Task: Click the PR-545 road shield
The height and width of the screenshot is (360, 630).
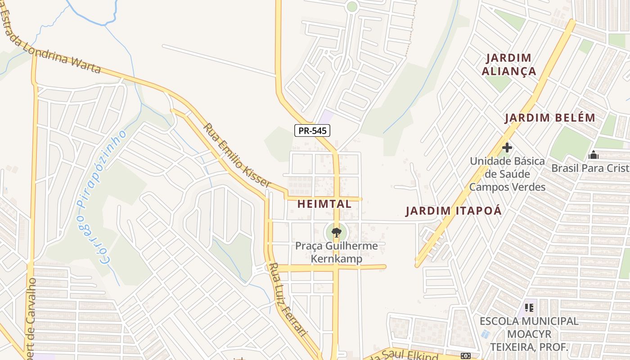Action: coord(312,130)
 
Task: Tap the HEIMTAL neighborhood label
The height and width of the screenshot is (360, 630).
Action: coord(324,204)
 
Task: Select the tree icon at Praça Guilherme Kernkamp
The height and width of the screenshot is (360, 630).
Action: coord(336,233)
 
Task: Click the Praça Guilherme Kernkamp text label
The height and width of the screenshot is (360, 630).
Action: coord(337,252)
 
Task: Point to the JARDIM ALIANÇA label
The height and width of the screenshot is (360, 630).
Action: coord(509,64)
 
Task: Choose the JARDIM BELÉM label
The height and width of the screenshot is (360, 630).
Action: coord(549,118)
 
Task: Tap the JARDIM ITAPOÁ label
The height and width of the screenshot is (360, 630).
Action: coord(454,211)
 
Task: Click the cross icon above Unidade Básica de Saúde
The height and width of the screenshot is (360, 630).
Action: coord(507,148)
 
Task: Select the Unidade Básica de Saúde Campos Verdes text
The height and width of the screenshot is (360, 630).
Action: coord(507,174)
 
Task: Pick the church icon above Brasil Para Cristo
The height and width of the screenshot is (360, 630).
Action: coord(593,155)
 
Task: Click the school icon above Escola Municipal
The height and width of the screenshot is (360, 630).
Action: coord(529,308)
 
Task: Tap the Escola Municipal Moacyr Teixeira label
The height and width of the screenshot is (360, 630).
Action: coord(529,334)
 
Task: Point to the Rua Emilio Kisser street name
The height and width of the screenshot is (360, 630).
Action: coord(237,155)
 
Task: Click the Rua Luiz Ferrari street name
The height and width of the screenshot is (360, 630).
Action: coord(288,300)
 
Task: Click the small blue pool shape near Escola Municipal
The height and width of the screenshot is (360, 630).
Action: coord(485,334)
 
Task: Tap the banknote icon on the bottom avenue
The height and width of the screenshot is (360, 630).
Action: coord(465,356)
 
